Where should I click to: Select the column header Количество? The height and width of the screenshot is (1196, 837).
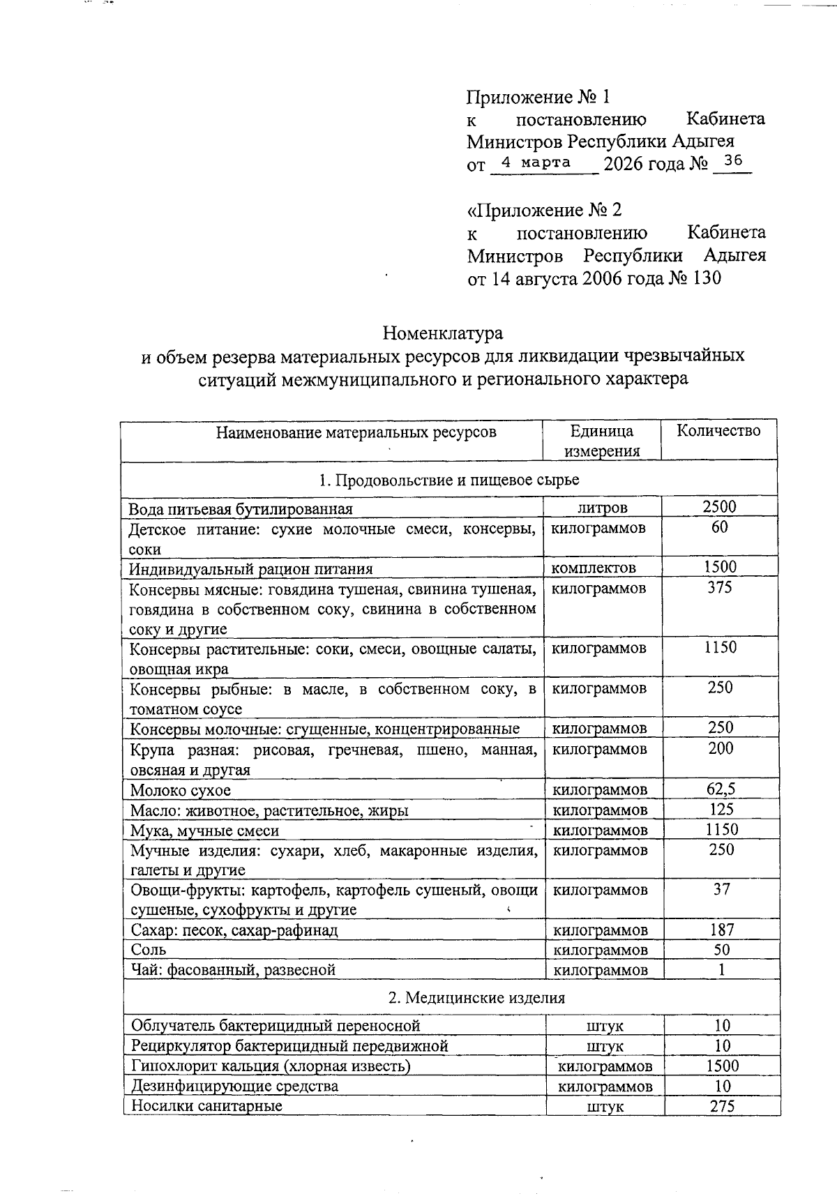pos(718,430)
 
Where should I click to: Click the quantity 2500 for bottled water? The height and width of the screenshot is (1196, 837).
pos(719,507)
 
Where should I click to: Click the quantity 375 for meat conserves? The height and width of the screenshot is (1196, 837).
pos(720,587)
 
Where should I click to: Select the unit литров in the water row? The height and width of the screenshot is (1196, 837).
pos(603,508)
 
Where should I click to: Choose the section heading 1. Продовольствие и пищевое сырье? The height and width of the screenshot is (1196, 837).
pos(448,480)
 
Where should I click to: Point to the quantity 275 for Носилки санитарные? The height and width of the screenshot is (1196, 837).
pos(722,1106)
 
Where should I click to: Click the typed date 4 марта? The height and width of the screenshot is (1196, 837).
pos(536,162)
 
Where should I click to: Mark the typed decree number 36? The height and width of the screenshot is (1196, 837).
pos(733,161)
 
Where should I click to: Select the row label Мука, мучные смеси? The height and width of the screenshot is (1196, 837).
pos(205,831)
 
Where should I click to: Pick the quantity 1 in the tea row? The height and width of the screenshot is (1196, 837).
pos(722,969)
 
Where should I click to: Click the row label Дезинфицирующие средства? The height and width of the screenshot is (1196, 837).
pos(235,1087)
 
